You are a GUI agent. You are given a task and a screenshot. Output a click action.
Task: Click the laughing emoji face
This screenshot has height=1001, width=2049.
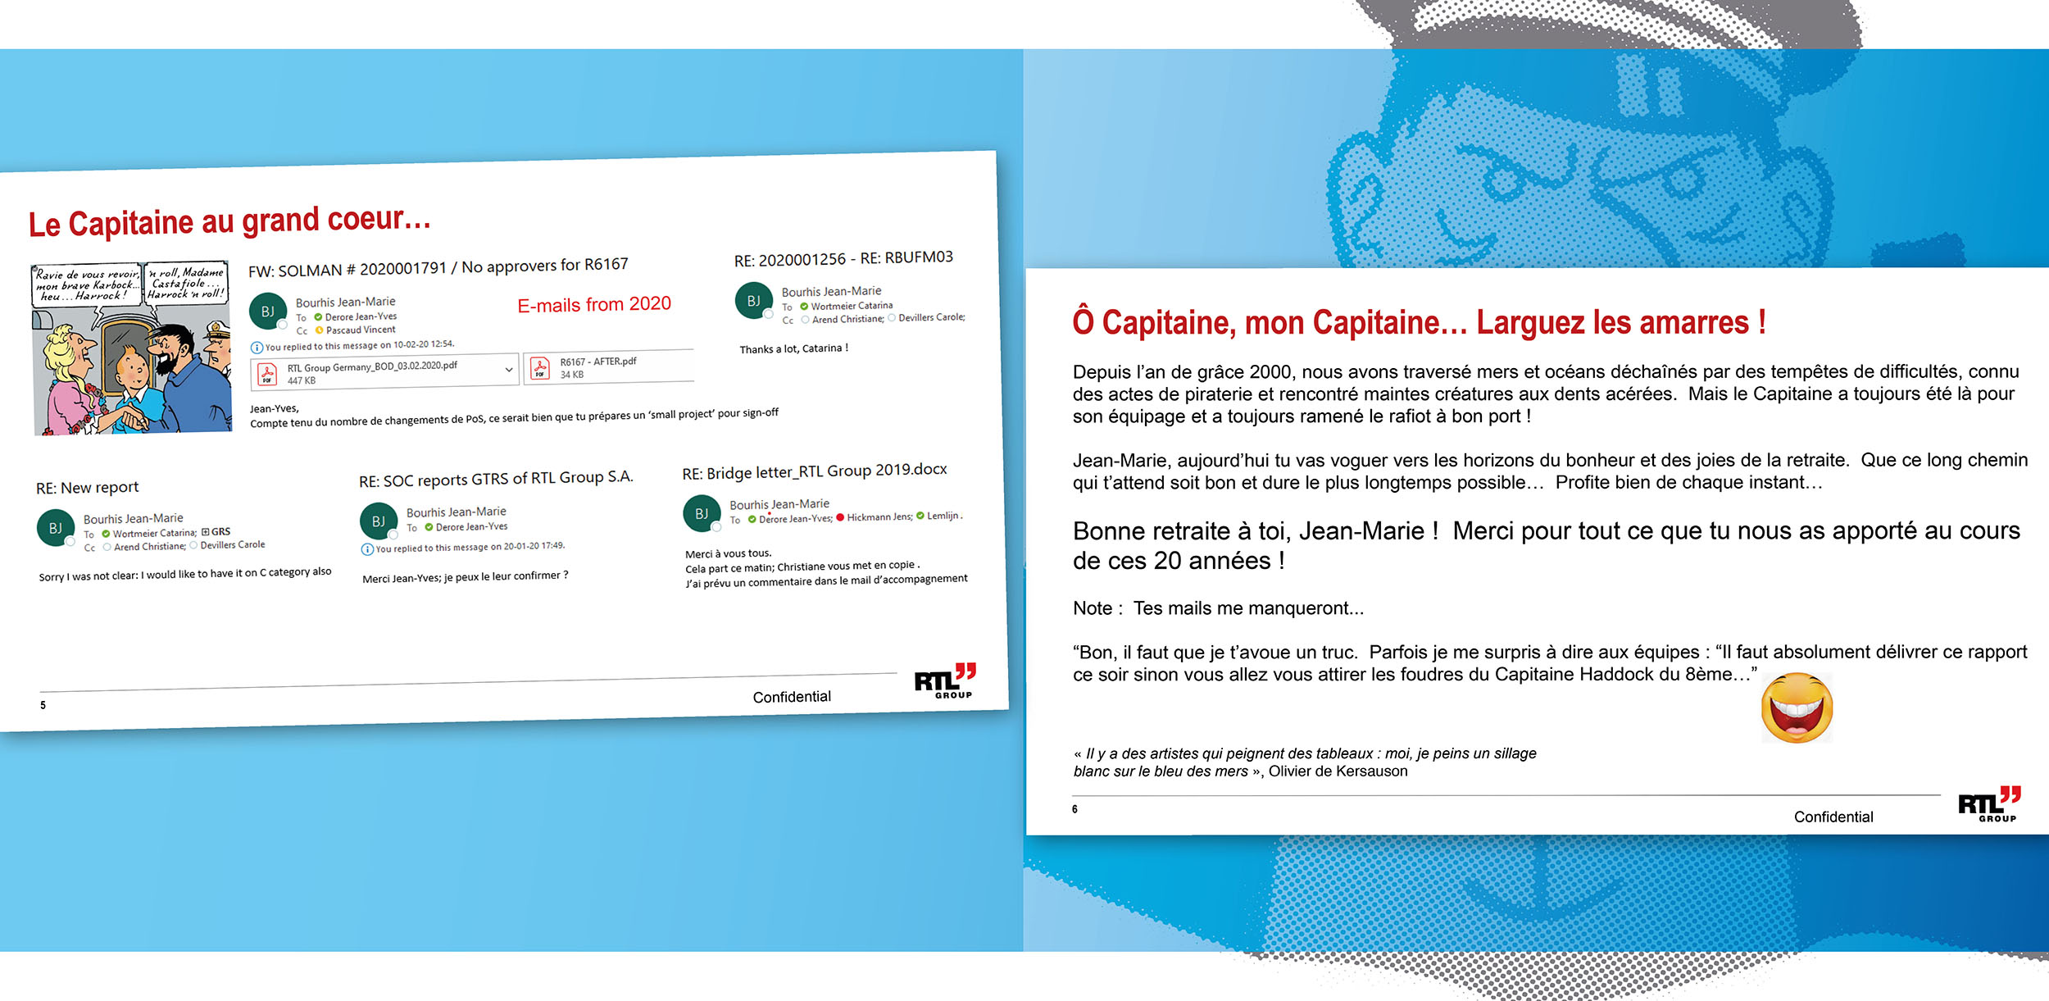[1797, 708]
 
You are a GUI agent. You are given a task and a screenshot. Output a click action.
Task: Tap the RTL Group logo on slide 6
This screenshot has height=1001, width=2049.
[1989, 803]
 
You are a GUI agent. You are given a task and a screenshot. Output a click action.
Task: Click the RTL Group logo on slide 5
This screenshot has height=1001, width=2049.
[945, 680]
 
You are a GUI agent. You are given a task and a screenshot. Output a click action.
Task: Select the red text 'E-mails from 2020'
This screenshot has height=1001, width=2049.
[594, 305]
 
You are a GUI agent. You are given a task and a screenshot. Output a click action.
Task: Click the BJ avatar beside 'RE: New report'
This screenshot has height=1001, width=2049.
[56, 528]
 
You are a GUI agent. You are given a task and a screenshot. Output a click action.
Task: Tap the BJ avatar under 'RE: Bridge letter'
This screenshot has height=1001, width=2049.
[702, 513]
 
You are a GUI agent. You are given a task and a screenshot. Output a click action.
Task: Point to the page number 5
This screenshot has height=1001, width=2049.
[43, 705]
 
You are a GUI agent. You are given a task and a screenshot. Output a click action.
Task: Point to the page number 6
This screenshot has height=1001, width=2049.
[1074, 809]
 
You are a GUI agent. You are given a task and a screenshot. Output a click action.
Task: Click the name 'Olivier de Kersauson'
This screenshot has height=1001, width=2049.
[1338, 771]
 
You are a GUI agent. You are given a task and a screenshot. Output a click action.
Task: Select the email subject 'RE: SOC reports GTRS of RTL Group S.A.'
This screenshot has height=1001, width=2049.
[496, 479]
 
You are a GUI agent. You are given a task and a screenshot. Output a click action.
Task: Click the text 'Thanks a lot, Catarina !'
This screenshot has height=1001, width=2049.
[793, 348]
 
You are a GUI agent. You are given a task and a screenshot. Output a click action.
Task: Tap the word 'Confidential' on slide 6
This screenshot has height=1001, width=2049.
[1833, 817]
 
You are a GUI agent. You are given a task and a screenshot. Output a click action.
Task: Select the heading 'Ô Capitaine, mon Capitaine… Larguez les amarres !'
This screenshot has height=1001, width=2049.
[1419, 322]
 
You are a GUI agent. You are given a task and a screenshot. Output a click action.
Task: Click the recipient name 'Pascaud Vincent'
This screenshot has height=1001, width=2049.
[361, 330]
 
